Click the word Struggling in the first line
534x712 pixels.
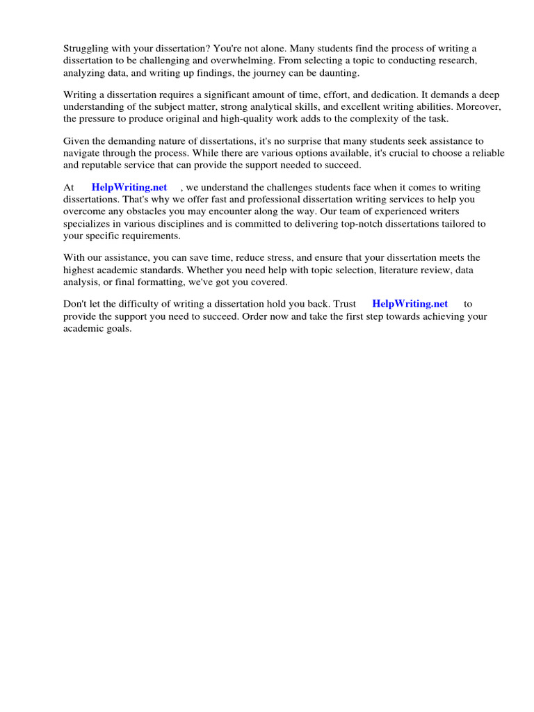(x=86, y=48)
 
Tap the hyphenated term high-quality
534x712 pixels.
(x=249, y=118)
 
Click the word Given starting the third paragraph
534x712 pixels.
(x=76, y=141)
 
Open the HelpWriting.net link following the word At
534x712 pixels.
(x=129, y=188)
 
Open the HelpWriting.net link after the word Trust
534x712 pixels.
(x=410, y=304)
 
